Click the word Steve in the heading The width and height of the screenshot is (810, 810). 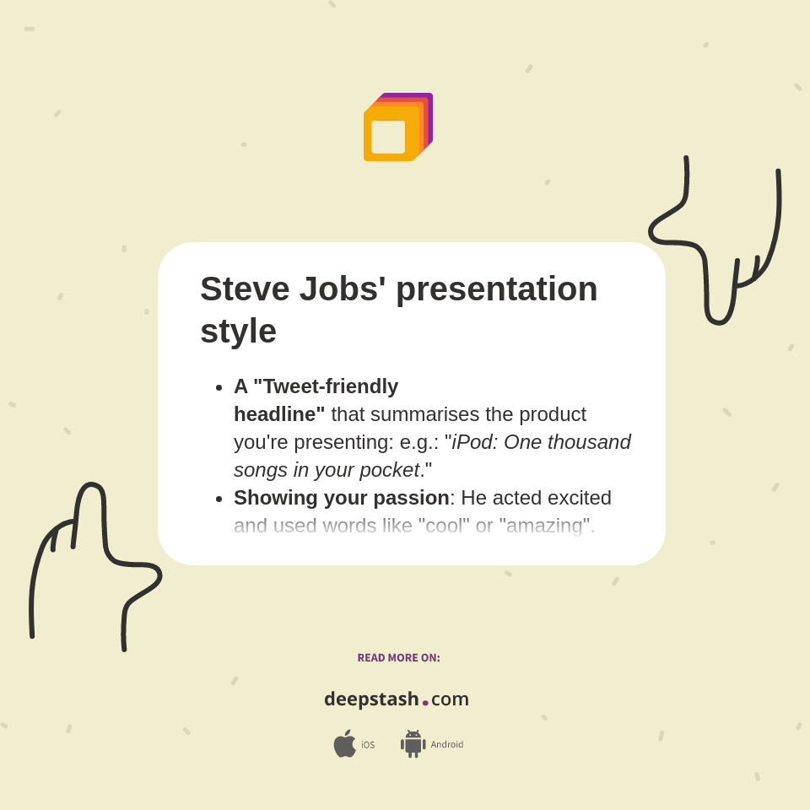244,289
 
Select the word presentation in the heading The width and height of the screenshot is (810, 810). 496,289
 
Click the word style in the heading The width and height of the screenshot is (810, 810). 238,331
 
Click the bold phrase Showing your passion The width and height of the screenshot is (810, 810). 341,498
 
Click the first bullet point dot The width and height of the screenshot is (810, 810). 219,387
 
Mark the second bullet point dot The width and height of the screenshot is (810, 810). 219,499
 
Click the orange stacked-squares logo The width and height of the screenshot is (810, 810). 397,127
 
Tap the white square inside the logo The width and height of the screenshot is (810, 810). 388,137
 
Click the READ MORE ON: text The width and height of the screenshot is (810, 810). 398,658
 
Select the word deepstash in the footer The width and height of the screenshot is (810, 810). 371,699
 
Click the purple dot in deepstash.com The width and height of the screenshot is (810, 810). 425,703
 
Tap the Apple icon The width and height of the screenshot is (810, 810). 344,744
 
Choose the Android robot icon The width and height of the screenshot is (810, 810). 413,744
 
